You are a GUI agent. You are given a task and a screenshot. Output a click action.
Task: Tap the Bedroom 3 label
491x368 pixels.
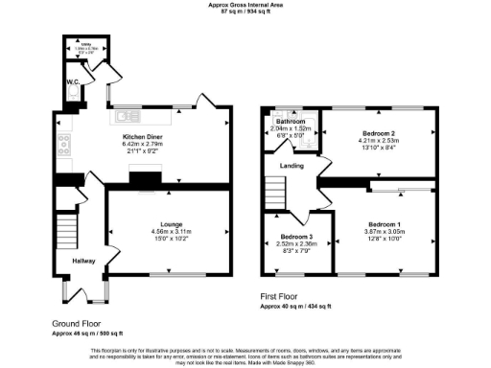296,237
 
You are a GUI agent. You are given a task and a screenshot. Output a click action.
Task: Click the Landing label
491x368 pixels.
292,166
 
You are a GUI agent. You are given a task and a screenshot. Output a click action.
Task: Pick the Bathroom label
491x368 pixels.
291,123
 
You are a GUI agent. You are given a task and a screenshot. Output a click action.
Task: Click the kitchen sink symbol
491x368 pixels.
126,118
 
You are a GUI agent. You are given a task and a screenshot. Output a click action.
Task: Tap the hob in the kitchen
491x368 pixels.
63,147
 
